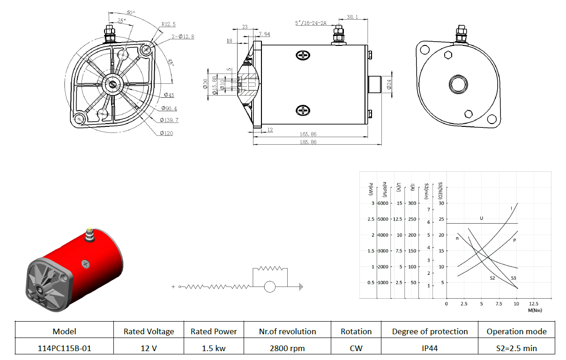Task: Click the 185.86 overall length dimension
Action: pos(308,142)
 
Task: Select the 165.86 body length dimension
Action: pos(308,134)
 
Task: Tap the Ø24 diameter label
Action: pos(389,84)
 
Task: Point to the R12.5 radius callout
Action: pos(168,24)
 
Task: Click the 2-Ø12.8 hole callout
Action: pos(183,37)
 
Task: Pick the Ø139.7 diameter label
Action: pos(169,120)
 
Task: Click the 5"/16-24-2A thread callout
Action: pos(311,23)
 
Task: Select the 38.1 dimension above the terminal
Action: pos(352,17)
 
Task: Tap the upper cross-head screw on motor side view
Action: pos(303,55)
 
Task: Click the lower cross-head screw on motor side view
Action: pos(303,110)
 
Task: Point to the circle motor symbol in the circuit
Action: pos(269,287)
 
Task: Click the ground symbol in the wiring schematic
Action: pos(301,287)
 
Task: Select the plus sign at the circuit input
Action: pos(173,287)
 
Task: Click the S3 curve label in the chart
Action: pos(514,278)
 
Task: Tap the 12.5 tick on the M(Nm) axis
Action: pos(533,304)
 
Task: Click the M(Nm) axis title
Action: pos(535,310)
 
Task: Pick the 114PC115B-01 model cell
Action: pos(64,348)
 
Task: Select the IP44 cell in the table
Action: pos(430,348)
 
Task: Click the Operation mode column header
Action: pos(516,331)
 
